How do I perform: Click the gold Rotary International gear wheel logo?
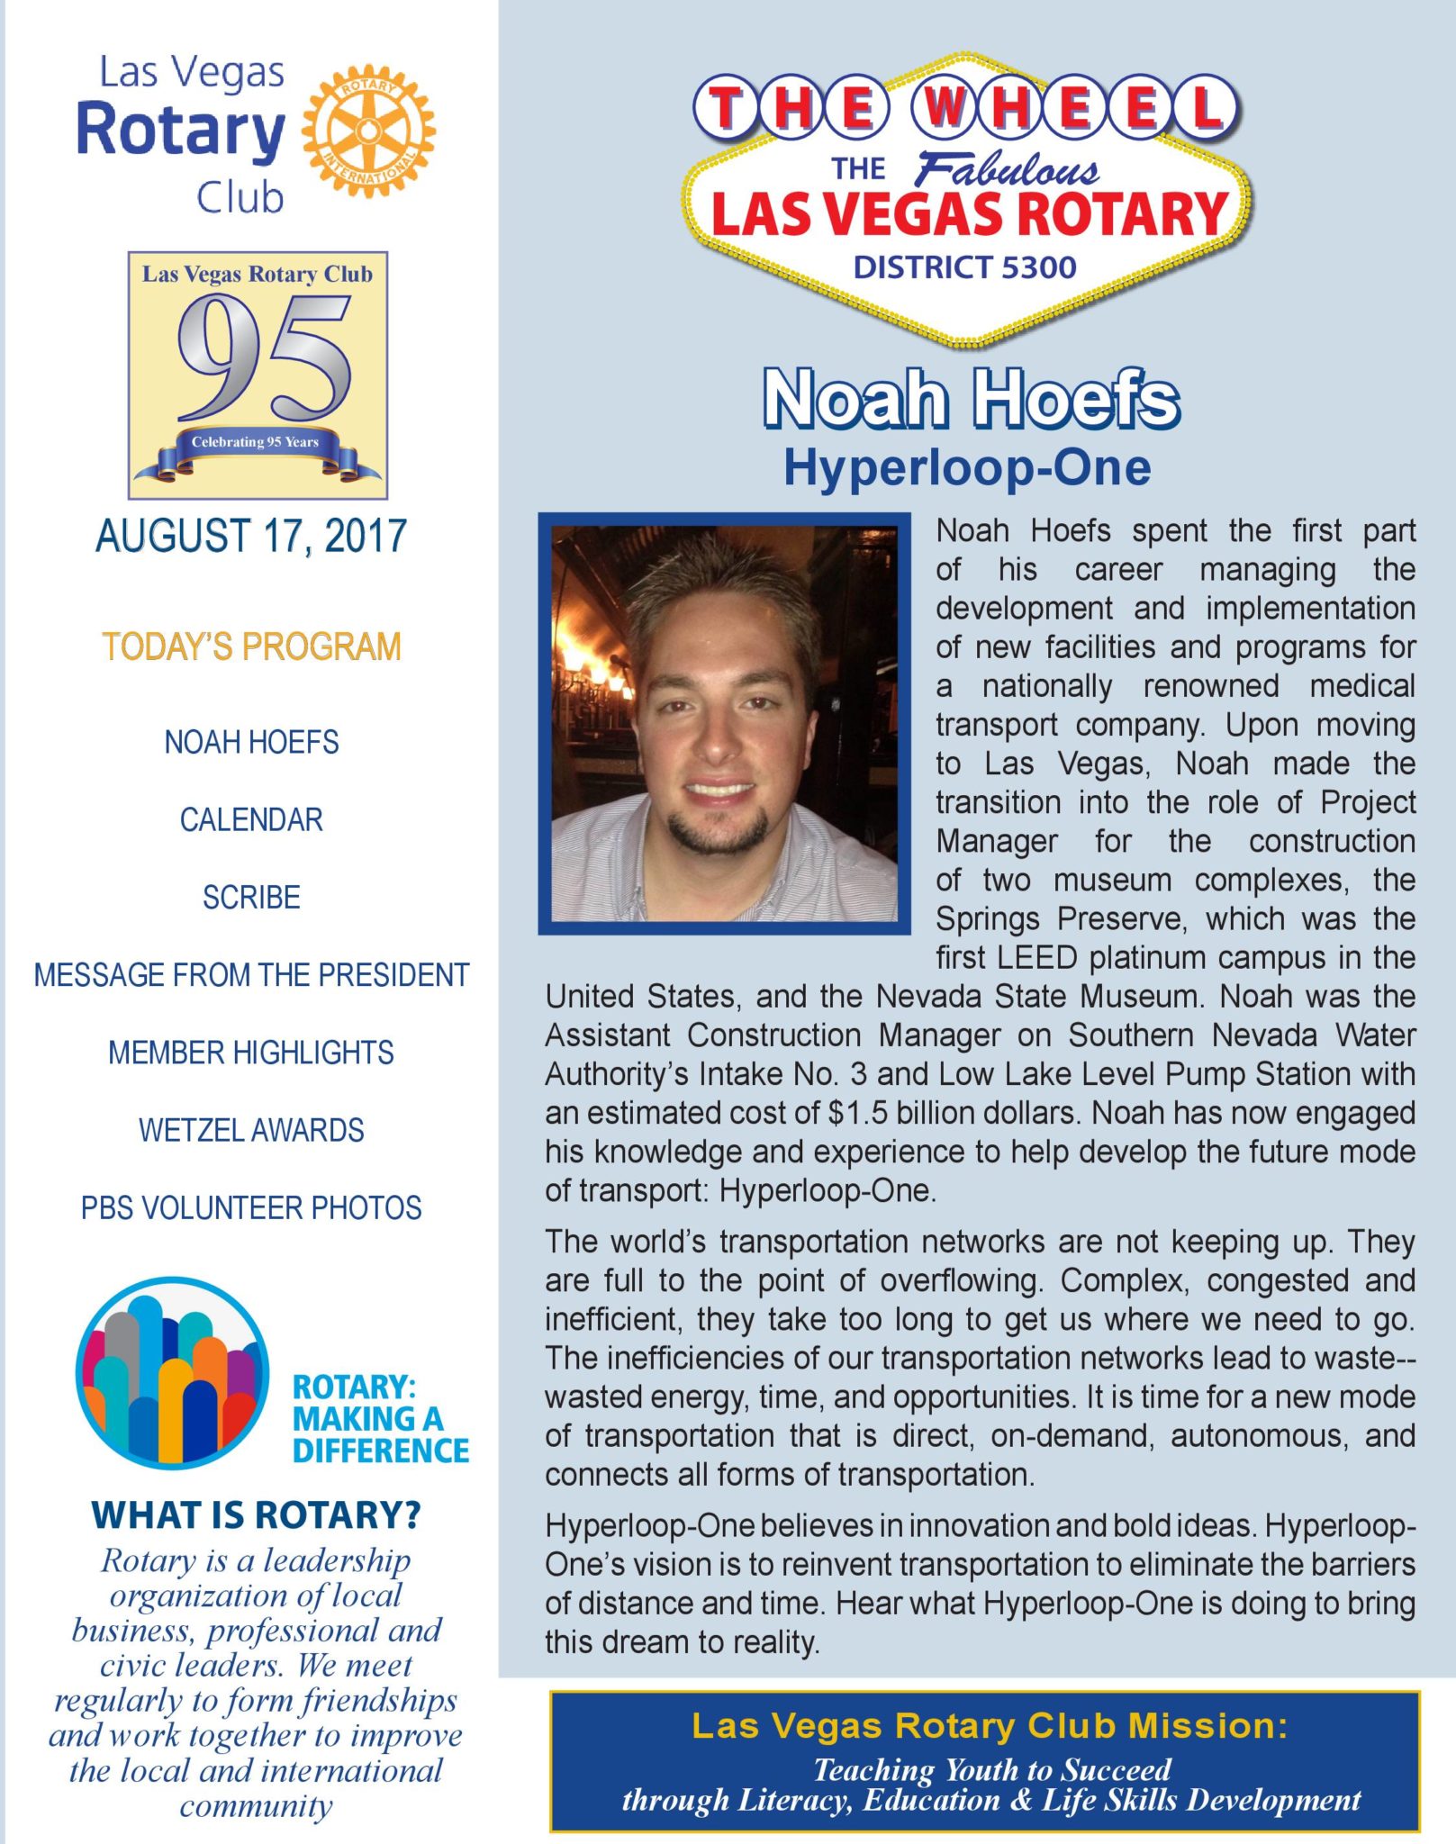point(368,130)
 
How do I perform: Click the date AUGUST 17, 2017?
point(251,537)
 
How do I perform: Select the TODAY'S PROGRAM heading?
point(251,647)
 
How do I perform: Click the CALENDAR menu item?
point(251,820)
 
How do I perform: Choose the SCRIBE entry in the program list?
point(251,898)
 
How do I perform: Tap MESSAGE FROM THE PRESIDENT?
point(251,975)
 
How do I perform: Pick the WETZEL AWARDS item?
point(251,1131)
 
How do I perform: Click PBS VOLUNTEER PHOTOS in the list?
point(251,1208)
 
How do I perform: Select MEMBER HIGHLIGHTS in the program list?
point(251,1053)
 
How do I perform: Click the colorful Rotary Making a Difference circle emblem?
point(172,1372)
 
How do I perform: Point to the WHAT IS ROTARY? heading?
point(256,1515)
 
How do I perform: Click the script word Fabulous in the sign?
point(1007,168)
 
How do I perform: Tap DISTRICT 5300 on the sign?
point(964,267)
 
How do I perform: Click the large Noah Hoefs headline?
point(971,399)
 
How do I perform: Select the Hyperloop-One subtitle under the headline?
point(967,467)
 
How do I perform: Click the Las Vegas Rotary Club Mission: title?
point(989,1725)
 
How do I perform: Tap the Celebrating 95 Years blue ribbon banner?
point(256,443)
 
